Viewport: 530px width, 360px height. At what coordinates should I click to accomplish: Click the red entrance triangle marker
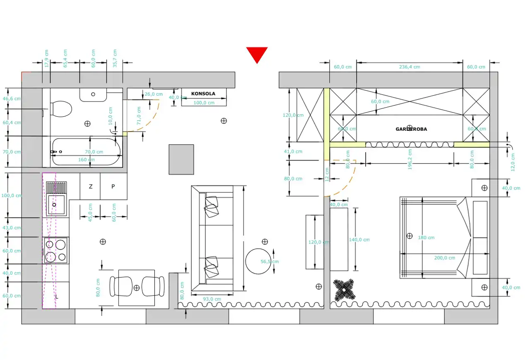point(257,54)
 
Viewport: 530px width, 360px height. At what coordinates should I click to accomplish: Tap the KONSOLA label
point(203,94)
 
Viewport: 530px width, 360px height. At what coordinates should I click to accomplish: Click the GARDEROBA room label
point(411,129)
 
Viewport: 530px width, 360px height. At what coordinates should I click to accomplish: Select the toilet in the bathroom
point(61,109)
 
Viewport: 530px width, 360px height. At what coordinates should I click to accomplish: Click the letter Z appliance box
point(91,186)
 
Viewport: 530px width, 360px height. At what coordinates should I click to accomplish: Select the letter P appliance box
point(113,186)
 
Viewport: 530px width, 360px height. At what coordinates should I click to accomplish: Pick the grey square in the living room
point(181,159)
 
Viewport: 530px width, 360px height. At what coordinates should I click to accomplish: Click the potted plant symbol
point(344,290)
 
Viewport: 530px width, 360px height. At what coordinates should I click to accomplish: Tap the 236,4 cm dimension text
point(410,67)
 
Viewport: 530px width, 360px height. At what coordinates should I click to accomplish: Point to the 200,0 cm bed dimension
point(445,258)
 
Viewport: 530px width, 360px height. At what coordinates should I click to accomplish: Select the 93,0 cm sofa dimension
point(212,299)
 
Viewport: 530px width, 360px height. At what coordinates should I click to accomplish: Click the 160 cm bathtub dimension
point(87,160)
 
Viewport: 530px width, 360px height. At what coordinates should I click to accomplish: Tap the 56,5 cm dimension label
point(270,262)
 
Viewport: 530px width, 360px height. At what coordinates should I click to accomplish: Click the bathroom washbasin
point(93,95)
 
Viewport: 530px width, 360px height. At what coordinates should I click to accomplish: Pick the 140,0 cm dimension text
point(359,240)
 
